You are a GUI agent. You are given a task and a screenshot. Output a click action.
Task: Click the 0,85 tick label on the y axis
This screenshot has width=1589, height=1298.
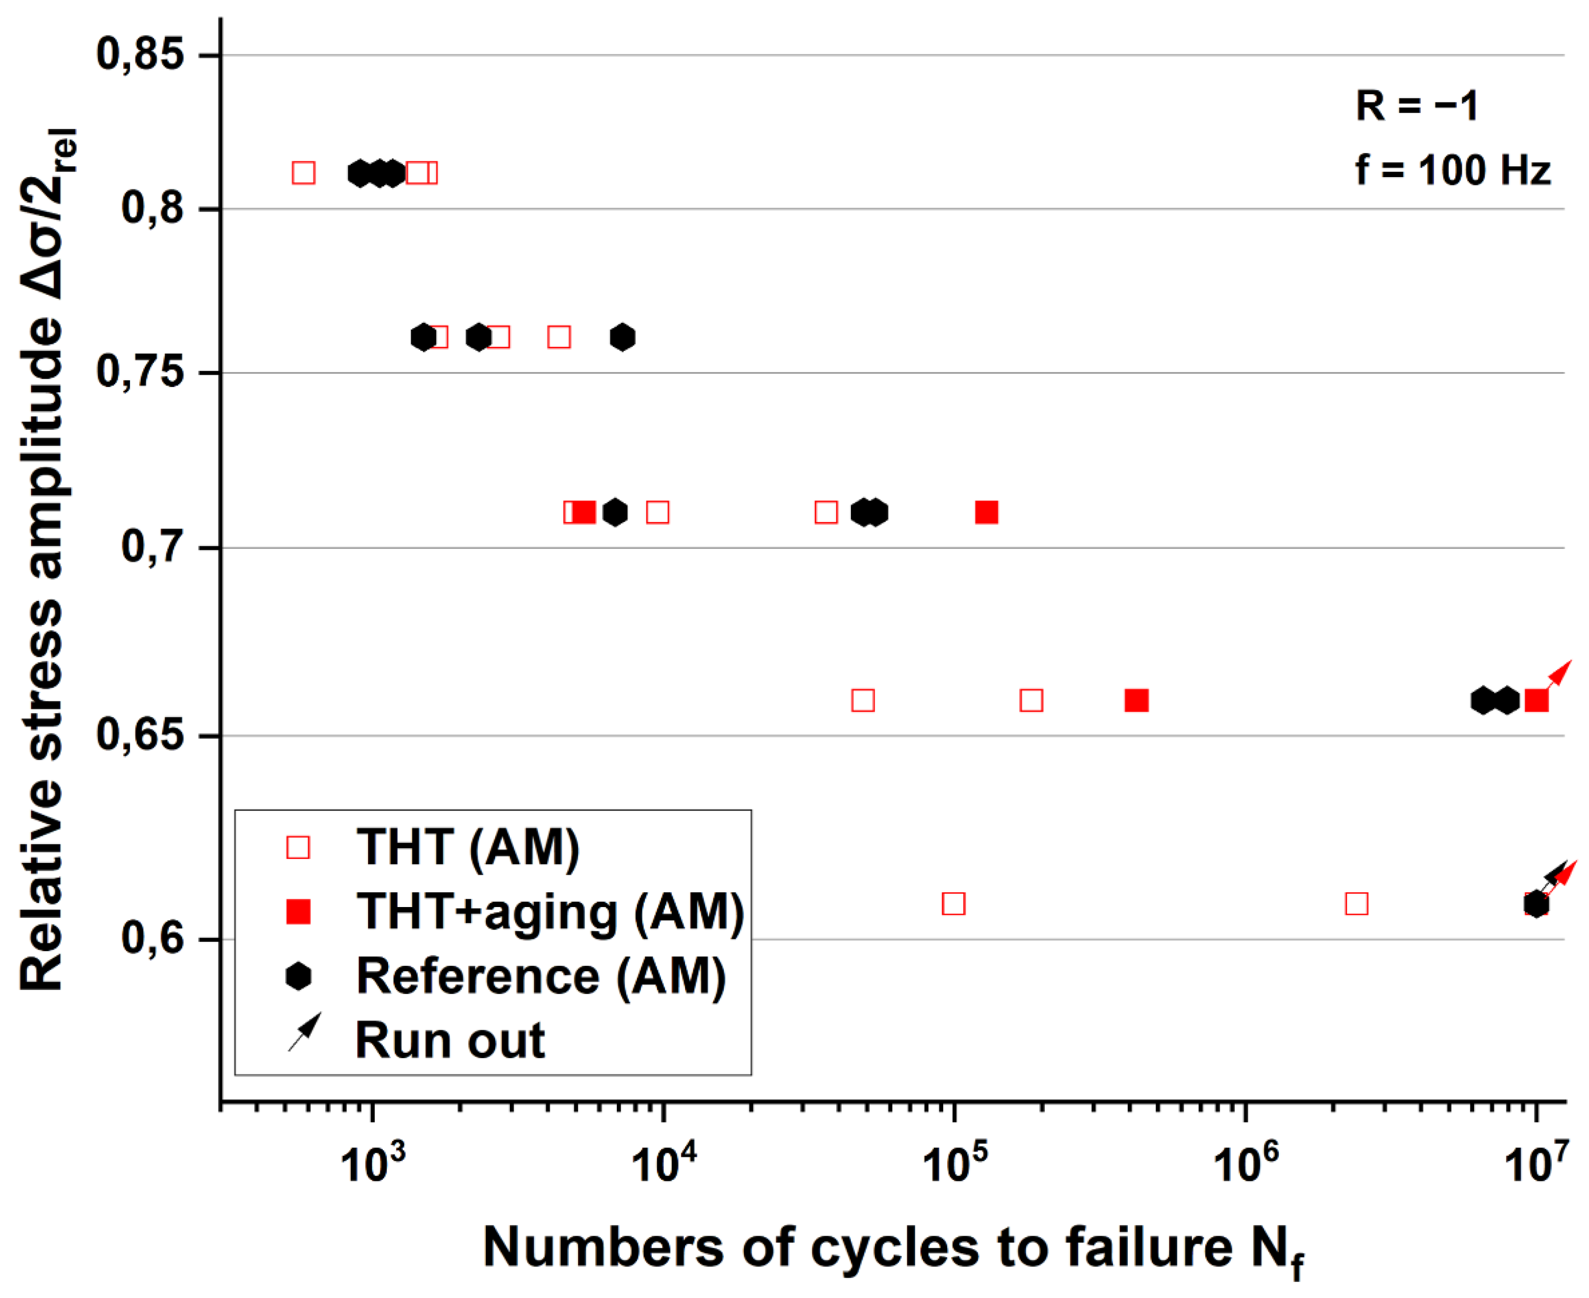coord(140,55)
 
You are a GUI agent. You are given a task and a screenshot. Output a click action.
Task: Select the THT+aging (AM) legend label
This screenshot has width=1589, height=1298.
coord(550,912)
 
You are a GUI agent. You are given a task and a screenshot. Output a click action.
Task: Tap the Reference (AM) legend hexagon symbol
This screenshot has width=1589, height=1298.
coord(298,977)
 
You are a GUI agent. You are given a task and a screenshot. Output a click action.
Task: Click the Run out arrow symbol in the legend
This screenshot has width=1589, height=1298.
coord(305,1033)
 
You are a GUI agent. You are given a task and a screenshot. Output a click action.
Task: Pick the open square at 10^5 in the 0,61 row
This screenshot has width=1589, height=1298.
coord(953,904)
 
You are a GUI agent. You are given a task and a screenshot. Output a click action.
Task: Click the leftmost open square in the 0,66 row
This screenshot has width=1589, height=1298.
coord(863,701)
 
